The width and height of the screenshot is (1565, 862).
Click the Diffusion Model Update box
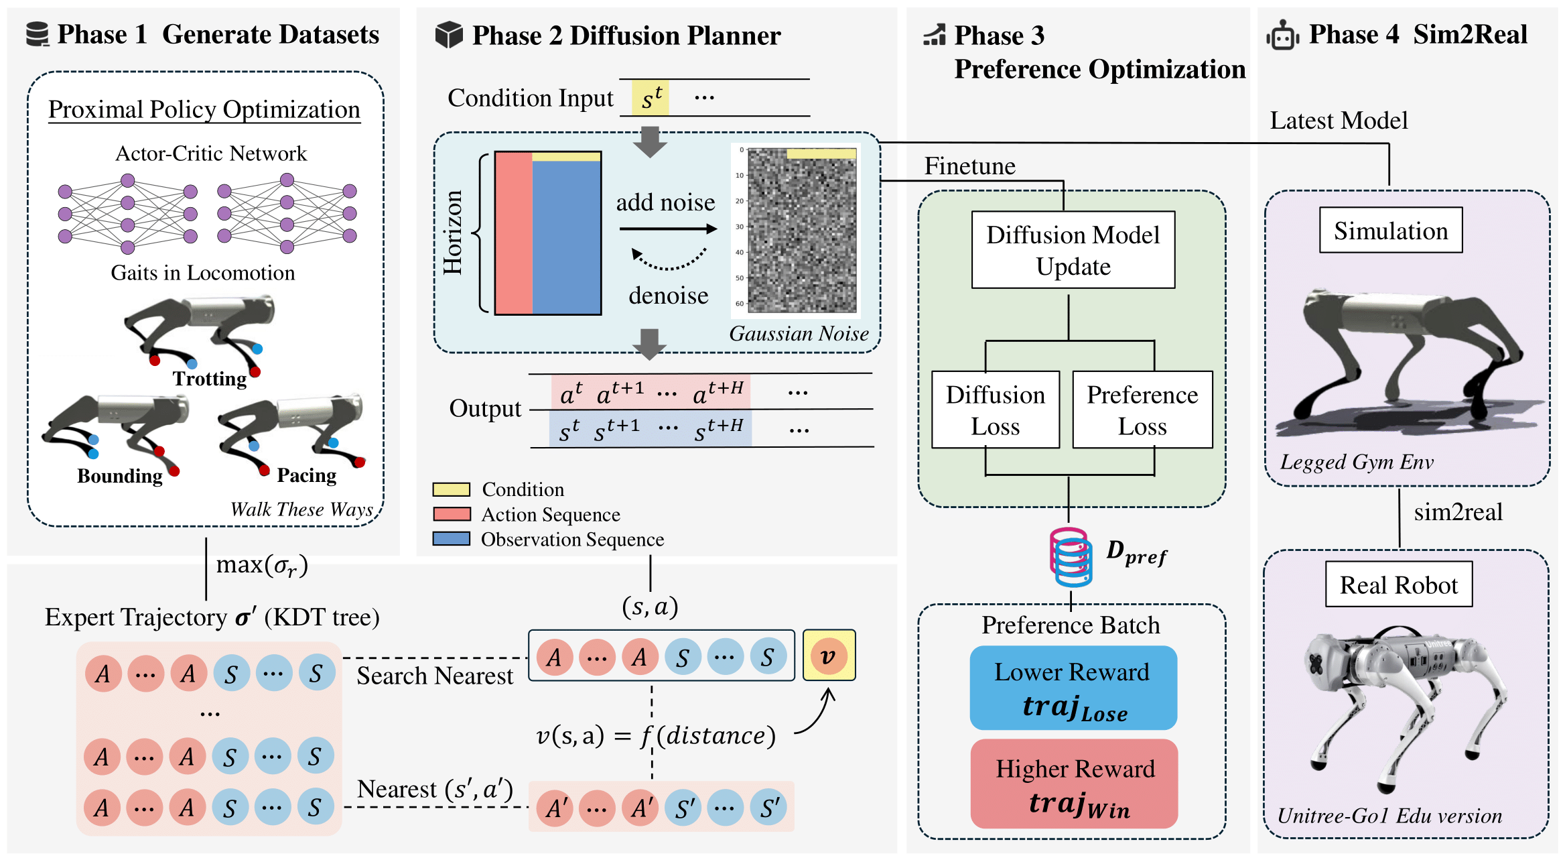pos(1073,250)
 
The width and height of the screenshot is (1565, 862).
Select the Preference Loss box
pos(1142,410)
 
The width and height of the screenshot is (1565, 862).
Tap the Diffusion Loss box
pos(996,410)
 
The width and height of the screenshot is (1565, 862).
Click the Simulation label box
pos(1391,230)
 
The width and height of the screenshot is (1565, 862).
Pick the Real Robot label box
pos(1399,584)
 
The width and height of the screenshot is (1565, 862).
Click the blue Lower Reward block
pos(1073,688)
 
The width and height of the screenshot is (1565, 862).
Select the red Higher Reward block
pos(1074,784)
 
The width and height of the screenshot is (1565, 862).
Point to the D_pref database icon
pos(1071,556)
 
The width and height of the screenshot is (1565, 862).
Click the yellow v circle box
pos(829,656)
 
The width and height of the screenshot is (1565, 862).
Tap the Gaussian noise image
pos(801,230)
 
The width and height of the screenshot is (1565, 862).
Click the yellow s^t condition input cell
pos(650,98)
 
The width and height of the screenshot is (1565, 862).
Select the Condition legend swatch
pos(451,489)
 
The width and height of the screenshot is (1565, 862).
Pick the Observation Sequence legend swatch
pos(451,539)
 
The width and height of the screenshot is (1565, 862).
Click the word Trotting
pos(210,379)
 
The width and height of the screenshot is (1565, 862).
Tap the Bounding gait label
pos(120,476)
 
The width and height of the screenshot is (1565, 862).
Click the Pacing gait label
pos(307,475)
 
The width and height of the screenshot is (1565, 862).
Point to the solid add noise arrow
pos(668,229)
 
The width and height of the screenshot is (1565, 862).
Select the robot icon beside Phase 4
pos(1282,35)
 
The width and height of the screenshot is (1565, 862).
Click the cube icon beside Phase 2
pos(449,35)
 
